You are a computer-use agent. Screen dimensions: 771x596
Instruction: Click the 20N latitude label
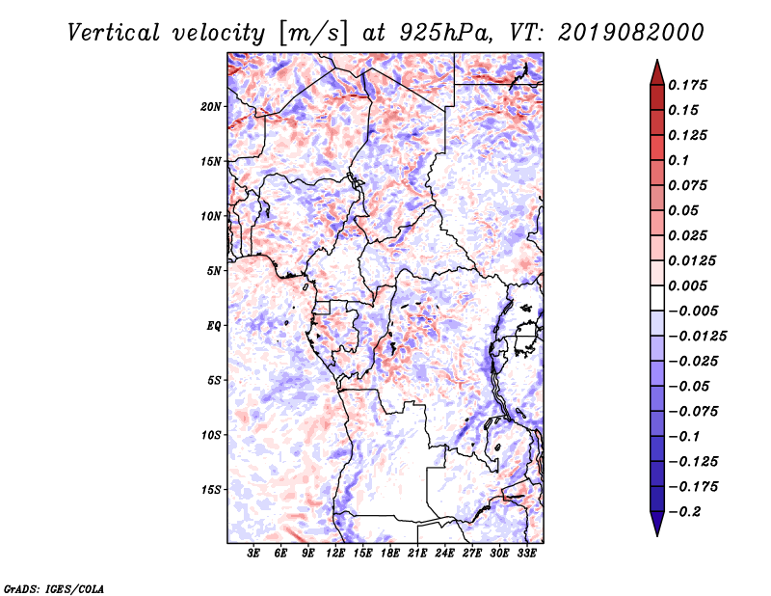pyautogui.click(x=210, y=107)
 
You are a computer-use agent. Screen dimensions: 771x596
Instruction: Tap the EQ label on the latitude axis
pyautogui.click(x=214, y=326)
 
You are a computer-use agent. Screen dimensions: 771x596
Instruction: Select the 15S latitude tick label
pyautogui.click(x=210, y=490)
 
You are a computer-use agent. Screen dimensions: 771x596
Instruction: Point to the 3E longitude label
pyautogui.click(x=253, y=553)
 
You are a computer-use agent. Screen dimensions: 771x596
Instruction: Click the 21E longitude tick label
pyautogui.click(x=417, y=553)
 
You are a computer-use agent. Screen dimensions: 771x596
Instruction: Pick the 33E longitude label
pyautogui.click(x=526, y=553)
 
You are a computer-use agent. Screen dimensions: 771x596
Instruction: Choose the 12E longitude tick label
pyautogui.click(x=335, y=553)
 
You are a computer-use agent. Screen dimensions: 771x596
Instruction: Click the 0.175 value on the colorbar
pyautogui.click(x=687, y=85)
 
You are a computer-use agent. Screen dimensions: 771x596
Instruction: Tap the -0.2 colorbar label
pyautogui.click(x=684, y=512)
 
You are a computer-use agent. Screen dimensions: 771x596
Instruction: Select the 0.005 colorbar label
pyautogui.click(x=687, y=285)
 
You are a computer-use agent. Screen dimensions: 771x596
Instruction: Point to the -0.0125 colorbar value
pyautogui.click(x=697, y=337)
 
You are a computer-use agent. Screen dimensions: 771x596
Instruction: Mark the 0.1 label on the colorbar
pyautogui.click(x=678, y=160)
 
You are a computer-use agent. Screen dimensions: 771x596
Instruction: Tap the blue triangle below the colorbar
pyautogui.click(x=657, y=523)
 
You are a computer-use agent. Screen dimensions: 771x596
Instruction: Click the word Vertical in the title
pyautogui.click(x=114, y=33)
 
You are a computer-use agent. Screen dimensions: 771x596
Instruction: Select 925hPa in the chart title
pyautogui.click(x=444, y=33)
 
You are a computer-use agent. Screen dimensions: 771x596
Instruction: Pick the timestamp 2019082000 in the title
pyautogui.click(x=631, y=33)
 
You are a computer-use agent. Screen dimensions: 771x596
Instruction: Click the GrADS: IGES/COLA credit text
pyautogui.click(x=54, y=588)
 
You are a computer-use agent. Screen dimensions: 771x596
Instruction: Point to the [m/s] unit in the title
pyautogui.click(x=312, y=33)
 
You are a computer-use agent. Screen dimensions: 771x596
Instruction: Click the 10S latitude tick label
pyautogui.click(x=210, y=435)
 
